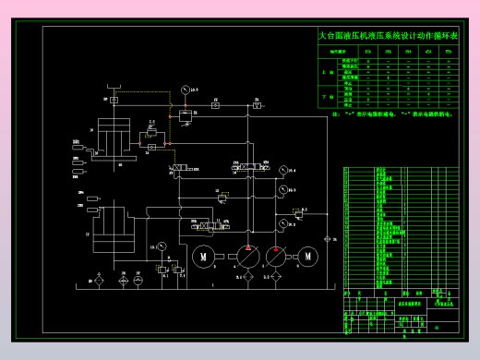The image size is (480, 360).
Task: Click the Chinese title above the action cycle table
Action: pyautogui.click(x=387, y=36)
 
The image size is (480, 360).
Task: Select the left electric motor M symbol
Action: pyautogui.click(x=204, y=257)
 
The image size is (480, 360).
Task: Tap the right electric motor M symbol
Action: pyautogui.click(x=307, y=257)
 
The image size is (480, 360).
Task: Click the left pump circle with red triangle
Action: pyautogui.click(x=248, y=256)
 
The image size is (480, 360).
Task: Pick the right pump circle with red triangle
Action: pyautogui.click(x=276, y=256)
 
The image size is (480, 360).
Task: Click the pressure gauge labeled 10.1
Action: pyautogui.click(x=162, y=246)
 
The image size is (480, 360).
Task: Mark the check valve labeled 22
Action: pyautogui.click(x=215, y=106)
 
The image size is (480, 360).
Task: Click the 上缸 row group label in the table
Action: pyautogui.click(x=328, y=71)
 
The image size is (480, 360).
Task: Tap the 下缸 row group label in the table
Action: pyautogui.click(x=328, y=96)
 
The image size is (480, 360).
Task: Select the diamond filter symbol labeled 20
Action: pyautogui.click(x=99, y=281)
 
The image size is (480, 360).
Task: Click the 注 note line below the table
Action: pyautogui.click(x=388, y=114)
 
